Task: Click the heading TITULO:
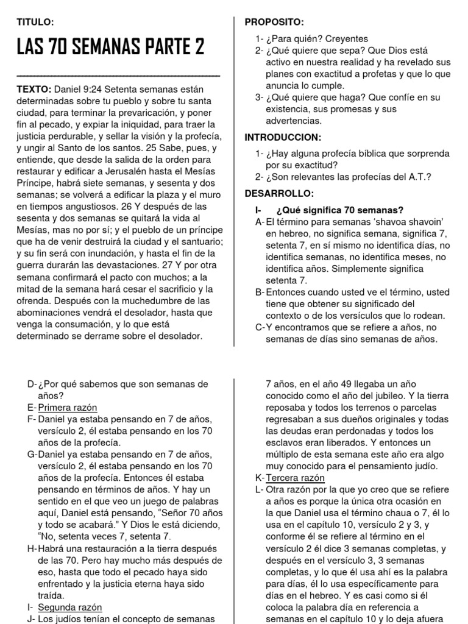coord(36,23)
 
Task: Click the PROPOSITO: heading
coord(274,23)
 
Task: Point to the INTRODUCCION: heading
coord(283,137)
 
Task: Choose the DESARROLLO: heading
coord(279,193)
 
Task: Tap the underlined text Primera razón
coord(67,408)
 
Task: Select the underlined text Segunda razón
coord(69,608)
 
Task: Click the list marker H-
coord(32,549)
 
